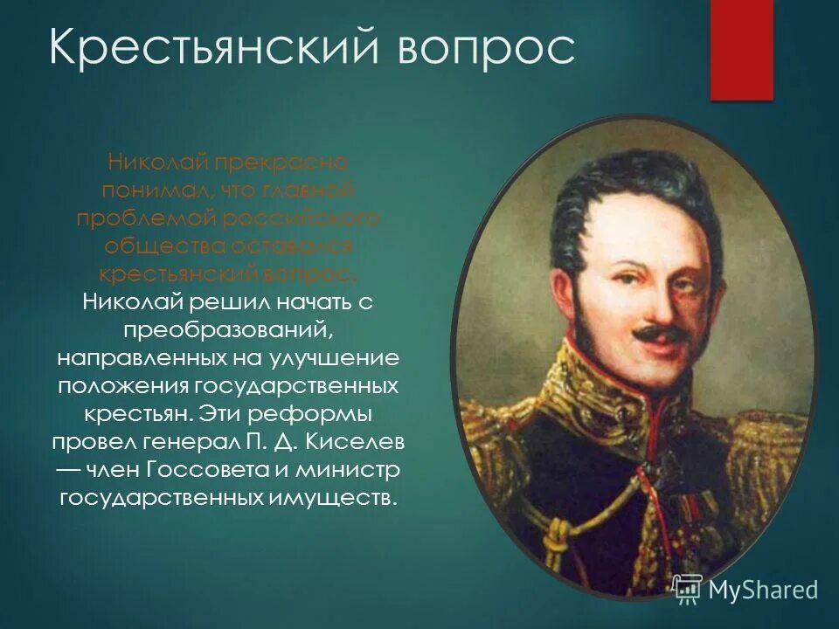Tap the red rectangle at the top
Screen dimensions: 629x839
pyautogui.click(x=741, y=48)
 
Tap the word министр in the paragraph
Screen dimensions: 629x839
pyautogui.click(x=348, y=469)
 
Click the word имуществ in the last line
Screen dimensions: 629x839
pyautogui.click(x=327, y=498)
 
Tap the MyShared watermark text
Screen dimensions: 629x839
pyautogui.click(x=762, y=589)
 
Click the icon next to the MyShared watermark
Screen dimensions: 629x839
pyautogui.click(x=687, y=589)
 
